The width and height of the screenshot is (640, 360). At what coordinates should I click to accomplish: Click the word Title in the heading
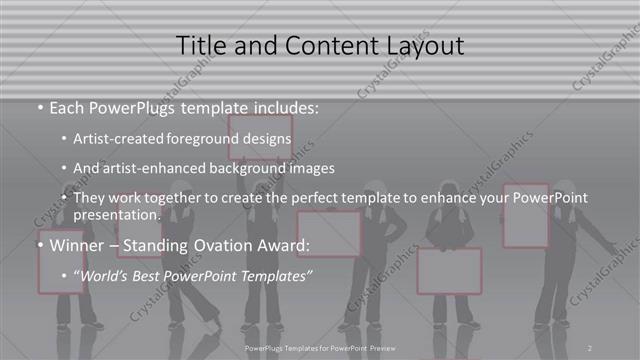point(200,46)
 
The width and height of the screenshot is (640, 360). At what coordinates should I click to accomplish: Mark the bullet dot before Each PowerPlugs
point(40,107)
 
